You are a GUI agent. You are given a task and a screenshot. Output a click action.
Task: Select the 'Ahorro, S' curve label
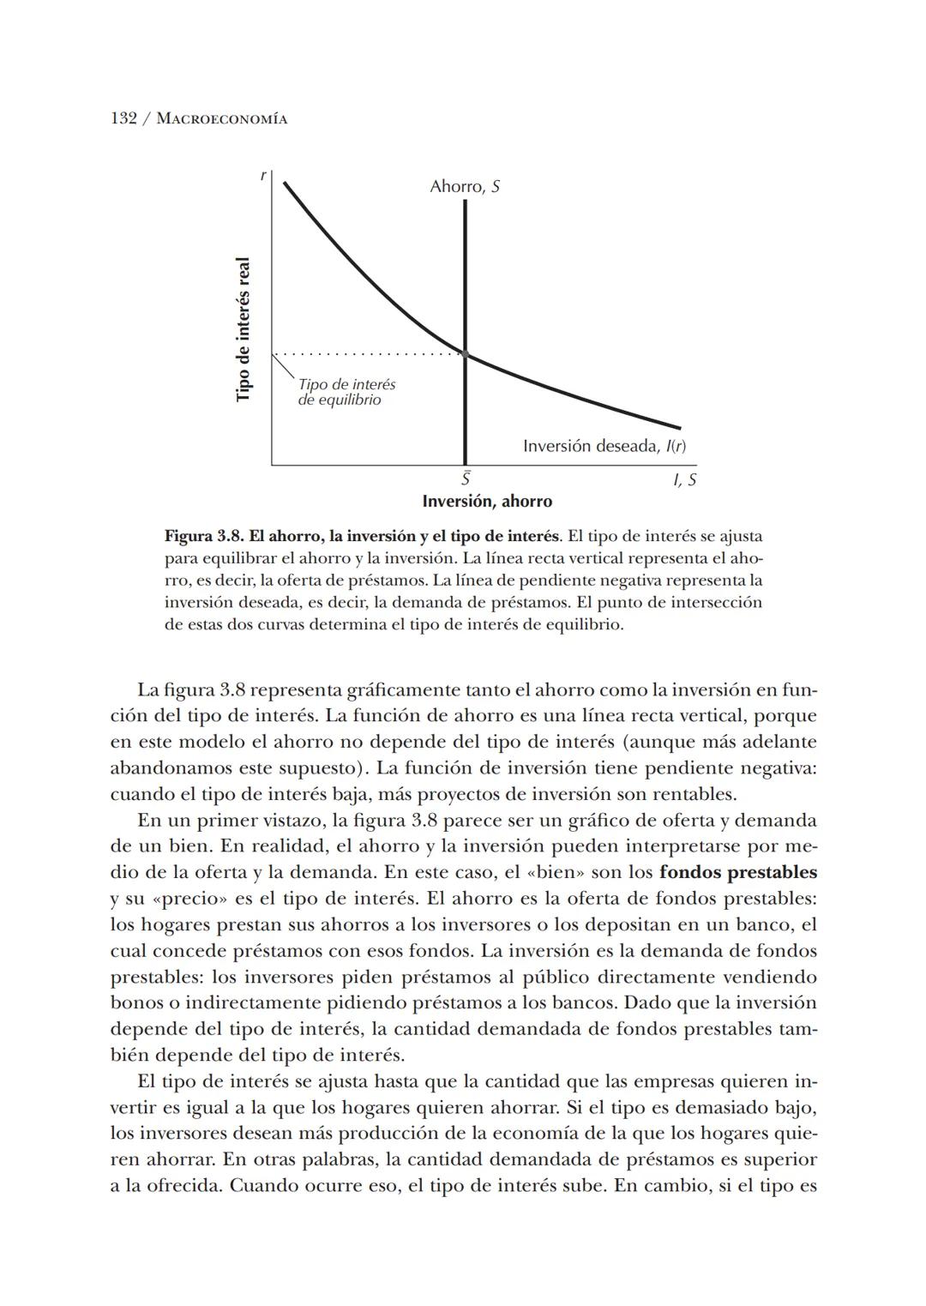[465, 186]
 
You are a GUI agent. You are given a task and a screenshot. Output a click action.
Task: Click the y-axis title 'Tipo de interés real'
[244, 328]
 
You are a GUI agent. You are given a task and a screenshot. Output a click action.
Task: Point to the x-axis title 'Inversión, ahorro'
[487, 501]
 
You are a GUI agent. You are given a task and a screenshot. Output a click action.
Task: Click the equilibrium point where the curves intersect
[465, 353]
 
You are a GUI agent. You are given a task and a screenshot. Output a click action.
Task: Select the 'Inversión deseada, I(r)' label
[604, 446]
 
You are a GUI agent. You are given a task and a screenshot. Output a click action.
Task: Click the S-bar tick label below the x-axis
[465, 478]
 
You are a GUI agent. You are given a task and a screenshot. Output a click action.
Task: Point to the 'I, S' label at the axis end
[684, 480]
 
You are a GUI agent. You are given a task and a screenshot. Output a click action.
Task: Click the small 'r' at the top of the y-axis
[263, 176]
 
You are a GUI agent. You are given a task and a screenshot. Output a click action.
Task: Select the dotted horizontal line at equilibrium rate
[369, 353]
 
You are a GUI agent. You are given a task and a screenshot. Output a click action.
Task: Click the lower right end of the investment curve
[678, 427]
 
